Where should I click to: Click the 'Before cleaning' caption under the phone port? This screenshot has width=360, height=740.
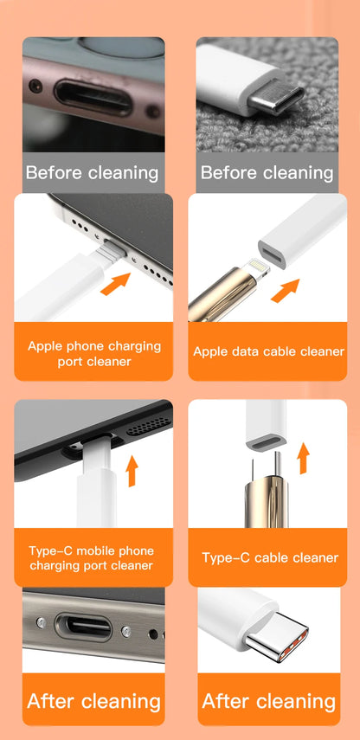pyautogui.click(x=92, y=172)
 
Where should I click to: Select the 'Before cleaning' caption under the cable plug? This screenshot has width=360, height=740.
pyautogui.click(x=267, y=172)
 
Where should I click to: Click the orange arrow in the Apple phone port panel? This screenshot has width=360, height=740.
pyautogui.click(x=114, y=283)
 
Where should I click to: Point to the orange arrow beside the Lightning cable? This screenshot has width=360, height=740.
pyautogui.click(x=285, y=291)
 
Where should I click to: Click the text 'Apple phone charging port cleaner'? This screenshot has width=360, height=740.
pyautogui.click(x=94, y=353)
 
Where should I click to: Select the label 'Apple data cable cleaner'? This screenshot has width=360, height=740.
pyautogui.click(x=268, y=351)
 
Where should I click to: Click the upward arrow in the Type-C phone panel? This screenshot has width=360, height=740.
pyautogui.click(x=132, y=472)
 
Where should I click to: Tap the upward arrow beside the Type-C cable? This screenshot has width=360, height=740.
pyautogui.click(x=303, y=457)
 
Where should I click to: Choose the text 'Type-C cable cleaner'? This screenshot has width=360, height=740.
pyautogui.click(x=269, y=557)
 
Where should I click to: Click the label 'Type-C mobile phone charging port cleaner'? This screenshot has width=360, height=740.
pyautogui.click(x=91, y=558)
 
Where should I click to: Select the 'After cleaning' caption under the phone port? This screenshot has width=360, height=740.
pyautogui.click(x=93, y=700)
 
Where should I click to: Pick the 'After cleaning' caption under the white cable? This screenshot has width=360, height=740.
pyautogui.click(x=268, y=700)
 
